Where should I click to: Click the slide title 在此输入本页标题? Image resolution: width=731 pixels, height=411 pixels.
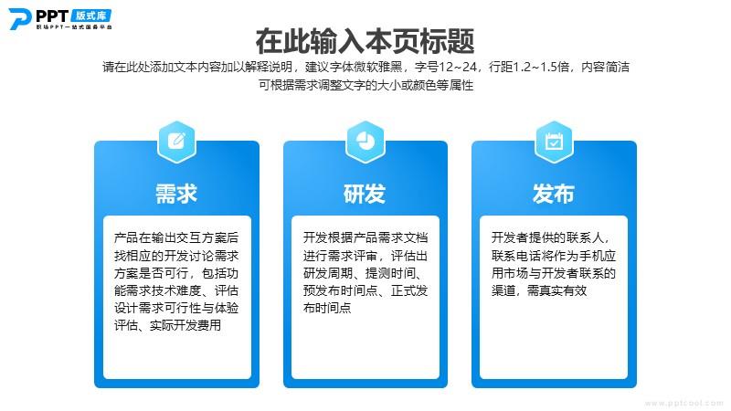point(365,41)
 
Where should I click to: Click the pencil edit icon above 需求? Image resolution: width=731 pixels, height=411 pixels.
point(176,141)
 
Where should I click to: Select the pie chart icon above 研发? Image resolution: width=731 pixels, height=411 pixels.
point(365,141)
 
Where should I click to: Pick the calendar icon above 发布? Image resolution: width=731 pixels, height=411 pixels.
point(554,141)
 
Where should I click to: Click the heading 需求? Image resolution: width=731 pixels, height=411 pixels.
point(176,194)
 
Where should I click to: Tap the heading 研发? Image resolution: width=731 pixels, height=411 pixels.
point(365,194)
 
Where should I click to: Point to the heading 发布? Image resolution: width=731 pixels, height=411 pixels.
point(554,194)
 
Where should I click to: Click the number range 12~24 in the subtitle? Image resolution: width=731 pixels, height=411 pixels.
point(458,67)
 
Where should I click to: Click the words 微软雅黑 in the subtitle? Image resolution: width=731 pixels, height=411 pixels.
point(377,67)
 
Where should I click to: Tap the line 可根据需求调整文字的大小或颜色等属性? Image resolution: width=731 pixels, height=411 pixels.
point(366,85)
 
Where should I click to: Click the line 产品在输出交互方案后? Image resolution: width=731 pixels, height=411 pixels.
point(176,237)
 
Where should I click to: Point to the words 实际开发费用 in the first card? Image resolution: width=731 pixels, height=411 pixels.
point(185,325)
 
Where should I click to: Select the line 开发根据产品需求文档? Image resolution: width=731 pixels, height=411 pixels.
point(365,237)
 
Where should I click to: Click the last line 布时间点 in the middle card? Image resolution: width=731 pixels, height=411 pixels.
point(327,308)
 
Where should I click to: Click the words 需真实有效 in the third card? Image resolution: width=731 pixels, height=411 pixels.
point(556,290)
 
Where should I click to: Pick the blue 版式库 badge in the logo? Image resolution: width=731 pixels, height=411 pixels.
point(91,16)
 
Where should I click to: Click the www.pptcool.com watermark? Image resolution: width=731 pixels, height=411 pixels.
point(683,403)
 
